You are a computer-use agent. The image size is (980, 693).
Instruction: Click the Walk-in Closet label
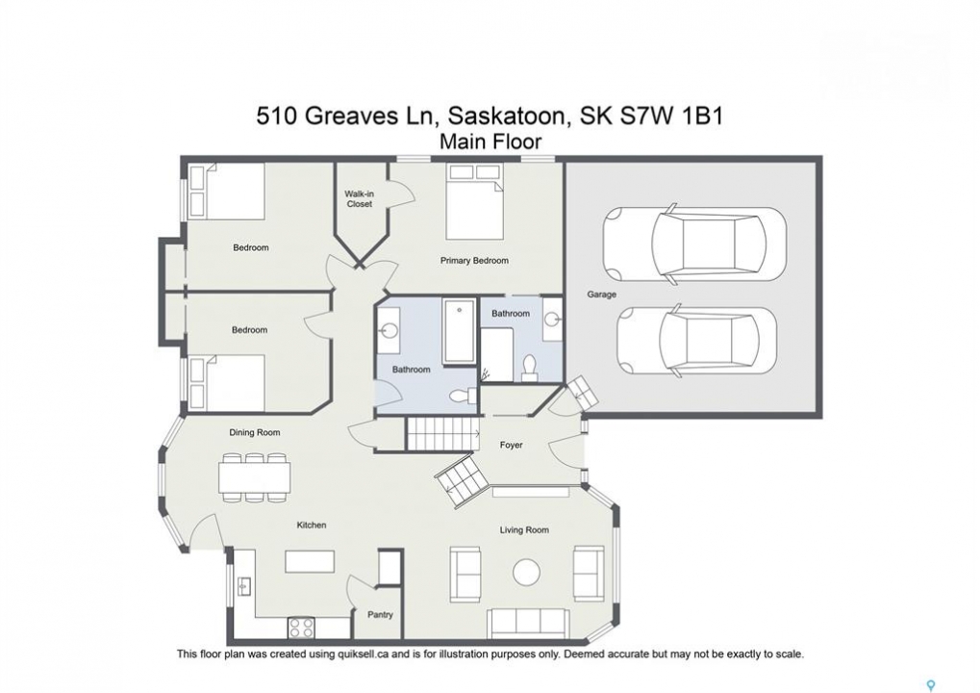[x=360, y=199]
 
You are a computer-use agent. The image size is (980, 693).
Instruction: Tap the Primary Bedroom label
[x=474, y=260]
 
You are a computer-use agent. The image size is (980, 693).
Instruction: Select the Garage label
[x=601, y=294]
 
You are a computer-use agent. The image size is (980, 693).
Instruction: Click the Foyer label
[x=512, y=445]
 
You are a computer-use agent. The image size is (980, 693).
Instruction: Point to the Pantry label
[x=380, y=615]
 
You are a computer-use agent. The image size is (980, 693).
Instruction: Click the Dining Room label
[x=254, y=432]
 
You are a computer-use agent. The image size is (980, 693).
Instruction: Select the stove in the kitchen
[x=301, y=628]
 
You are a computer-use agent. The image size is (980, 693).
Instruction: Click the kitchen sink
[x=243, y=586]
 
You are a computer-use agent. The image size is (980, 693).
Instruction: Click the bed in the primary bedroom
[x=474, y=201]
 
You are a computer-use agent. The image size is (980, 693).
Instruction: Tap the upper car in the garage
[x=693, y=244]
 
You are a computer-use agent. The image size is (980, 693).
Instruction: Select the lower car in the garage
[x=697, y=340]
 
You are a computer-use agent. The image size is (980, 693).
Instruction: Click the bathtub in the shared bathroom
[x=459, y=331]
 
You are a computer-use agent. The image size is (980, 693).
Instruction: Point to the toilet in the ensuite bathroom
[x=529, y=369]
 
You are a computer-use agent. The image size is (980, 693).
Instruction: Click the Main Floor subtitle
[x=490, y=142]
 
